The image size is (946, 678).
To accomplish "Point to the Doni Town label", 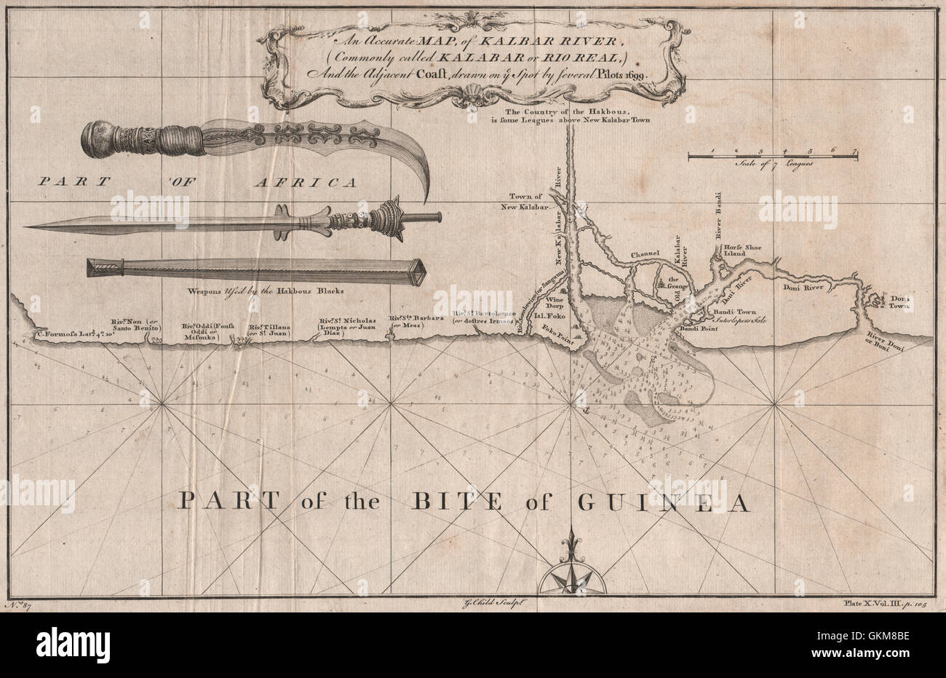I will tap(901, 304).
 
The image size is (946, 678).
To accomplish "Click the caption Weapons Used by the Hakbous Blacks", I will tap(265, 290).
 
